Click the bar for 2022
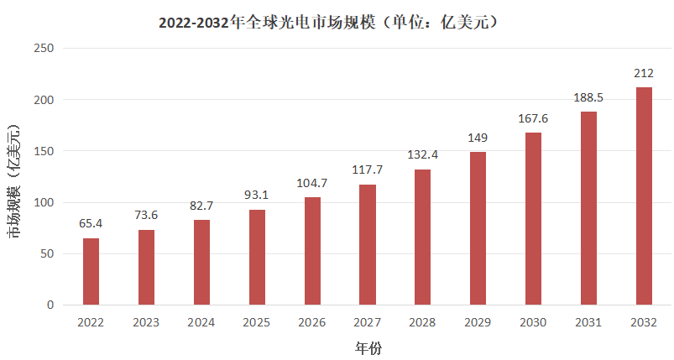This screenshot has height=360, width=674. coord(91,271)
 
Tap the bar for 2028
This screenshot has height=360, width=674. coord(422,237)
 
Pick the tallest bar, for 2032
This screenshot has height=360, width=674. coord(644,196)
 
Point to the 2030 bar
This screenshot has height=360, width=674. coord(533,218)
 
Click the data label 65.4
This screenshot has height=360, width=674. coord(91,224)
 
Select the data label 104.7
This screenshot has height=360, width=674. coord(312,183)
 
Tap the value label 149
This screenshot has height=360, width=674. coord(478,138)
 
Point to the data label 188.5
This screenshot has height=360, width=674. coord(588,97)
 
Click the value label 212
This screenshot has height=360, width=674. coord(644,73)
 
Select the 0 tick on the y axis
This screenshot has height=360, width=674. coord(50,305)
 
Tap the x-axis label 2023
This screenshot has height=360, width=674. coord(146,322)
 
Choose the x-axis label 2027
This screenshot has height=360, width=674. coord(367,322)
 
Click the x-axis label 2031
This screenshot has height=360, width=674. coord(588,322)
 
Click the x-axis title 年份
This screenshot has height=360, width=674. coord(368,347)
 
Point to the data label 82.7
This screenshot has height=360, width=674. coord(201,206)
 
